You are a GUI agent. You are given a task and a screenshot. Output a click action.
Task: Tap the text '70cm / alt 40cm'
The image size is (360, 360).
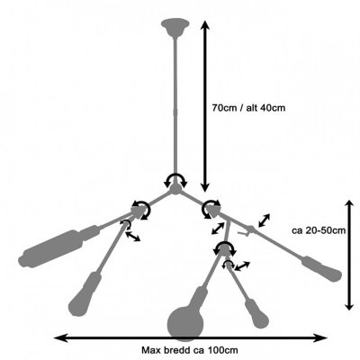[x=248, y=108]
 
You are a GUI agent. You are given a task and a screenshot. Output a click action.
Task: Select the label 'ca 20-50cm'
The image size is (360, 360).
[x=319, y=230]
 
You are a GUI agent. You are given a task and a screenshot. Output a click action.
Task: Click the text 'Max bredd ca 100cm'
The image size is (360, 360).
[x=190, y=350]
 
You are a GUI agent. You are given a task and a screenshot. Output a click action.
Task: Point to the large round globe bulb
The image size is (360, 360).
[x=185, y=323]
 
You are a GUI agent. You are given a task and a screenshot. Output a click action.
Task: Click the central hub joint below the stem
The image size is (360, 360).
[x=175, y=189]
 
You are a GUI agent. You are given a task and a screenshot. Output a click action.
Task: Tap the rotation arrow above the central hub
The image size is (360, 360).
[x=175, y=179]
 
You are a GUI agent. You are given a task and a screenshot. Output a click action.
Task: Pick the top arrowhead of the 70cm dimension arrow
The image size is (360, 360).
[x=205, y=24]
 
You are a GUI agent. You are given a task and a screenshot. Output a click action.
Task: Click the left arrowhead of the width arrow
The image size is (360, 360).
[x=59, y=338]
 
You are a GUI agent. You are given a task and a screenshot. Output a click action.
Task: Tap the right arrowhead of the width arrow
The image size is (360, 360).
[x=321, y=338]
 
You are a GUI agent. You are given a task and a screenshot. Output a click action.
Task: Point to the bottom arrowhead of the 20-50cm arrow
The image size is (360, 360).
[x=349, y=305]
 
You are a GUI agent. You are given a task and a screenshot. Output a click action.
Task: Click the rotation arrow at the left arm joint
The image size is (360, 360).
[x=141, y=209]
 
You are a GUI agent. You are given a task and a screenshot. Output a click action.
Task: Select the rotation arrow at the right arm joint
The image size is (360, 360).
[x=211, y=209]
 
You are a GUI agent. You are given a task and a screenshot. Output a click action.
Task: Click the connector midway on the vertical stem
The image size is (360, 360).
[x=175, y=112]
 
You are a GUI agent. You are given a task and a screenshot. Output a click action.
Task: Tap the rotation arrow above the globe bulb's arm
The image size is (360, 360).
[x=224, y=247]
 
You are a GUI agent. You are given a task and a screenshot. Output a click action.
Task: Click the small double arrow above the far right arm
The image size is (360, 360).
[x=264, y=220]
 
